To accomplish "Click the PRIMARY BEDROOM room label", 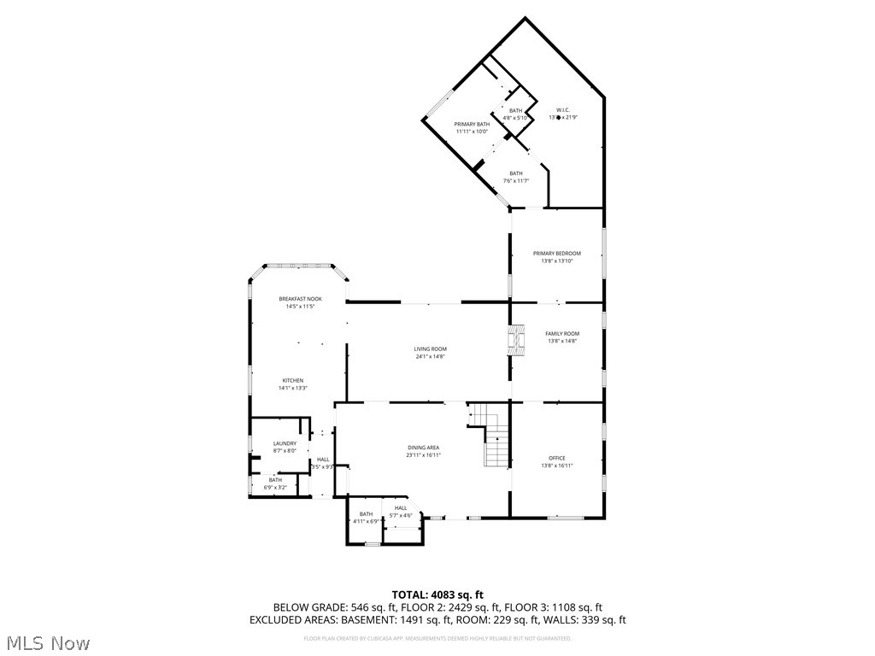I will coord(556,253).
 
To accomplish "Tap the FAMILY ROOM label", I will coord(562,333).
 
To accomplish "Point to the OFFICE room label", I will coord(556,458).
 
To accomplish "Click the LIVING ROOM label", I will coord(430,348).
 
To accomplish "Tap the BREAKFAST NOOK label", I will coord(300,299).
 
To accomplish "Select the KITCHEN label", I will coord(293,380).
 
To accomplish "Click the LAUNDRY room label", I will coord(285,443).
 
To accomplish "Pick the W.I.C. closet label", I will coord(562,110).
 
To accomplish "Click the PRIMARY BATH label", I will coord(472,125).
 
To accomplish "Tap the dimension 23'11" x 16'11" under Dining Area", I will coord(423,455).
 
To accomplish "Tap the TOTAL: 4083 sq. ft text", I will coord(437,594).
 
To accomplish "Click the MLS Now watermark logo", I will coord(48,642).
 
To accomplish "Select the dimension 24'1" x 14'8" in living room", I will coord(430,356).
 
